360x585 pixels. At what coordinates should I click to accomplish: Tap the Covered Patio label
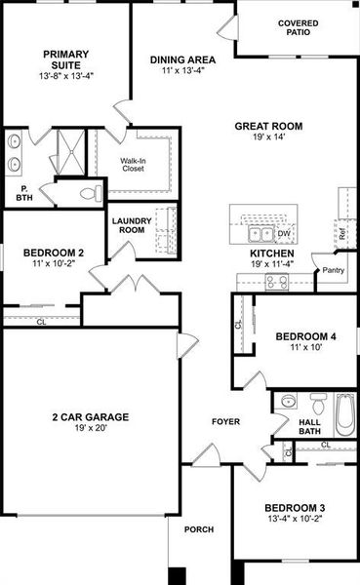click(298, 28)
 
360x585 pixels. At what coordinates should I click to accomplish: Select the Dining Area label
click(182, 59)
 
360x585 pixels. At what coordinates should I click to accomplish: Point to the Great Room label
click(267, 126)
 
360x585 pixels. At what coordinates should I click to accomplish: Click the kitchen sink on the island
click(260, 233)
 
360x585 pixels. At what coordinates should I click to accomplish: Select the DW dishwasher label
click(284, 234)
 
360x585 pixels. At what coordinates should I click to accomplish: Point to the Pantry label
click(333, 270)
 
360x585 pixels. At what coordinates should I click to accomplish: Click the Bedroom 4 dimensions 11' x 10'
click(305, 349)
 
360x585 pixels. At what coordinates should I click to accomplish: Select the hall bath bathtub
click(345, 412)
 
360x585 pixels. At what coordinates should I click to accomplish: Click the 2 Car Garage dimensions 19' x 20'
click(90, 429)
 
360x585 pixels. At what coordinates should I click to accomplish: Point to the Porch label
click(199, 529)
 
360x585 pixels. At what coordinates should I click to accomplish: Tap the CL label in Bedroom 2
click(41, 321)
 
